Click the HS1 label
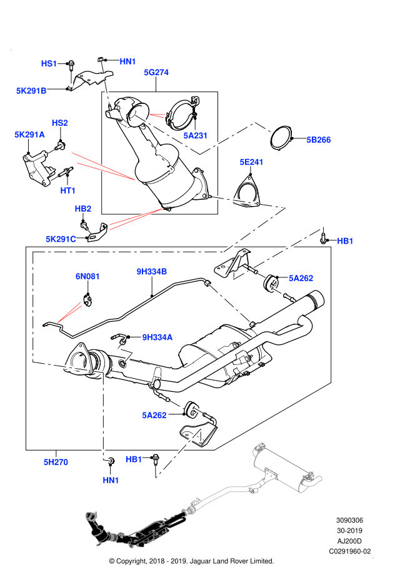(x=49, y=63)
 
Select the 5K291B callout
(x=31, y=91)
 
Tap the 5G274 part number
(x=156, y=73)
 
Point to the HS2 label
(x=59, y=123)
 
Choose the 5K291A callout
(x=29, y=135)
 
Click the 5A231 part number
(x=195, y=136)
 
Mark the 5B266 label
(x=318, y=140)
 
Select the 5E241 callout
(x=251, y=162)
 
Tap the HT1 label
(x=67, y=191)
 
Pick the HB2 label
(x=82, y=209)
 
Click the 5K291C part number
(x=61, y=239)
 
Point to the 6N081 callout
(x=87, y=277)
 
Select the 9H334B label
(x=151, y=272)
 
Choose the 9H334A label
(x=157, y=337)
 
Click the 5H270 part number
(x=55, y=462)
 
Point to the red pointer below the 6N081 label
(x=69, y=313)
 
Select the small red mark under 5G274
(x=157, y=115)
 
